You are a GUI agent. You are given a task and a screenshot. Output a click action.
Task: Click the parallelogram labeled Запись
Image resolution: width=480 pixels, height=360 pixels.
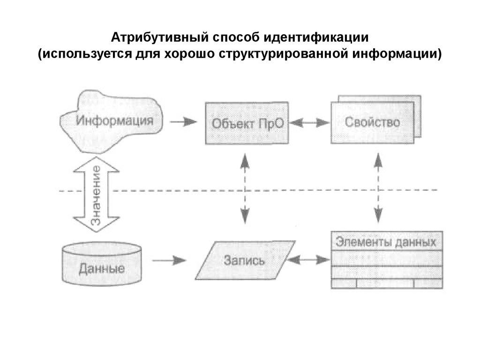[244, 260]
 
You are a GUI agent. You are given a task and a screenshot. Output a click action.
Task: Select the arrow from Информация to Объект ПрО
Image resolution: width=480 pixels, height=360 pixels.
[183, 122]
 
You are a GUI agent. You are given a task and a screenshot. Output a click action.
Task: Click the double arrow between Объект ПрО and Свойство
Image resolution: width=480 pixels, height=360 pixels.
[310, 122]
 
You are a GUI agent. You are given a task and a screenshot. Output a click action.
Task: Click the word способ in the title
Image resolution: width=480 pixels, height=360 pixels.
[226, 37]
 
